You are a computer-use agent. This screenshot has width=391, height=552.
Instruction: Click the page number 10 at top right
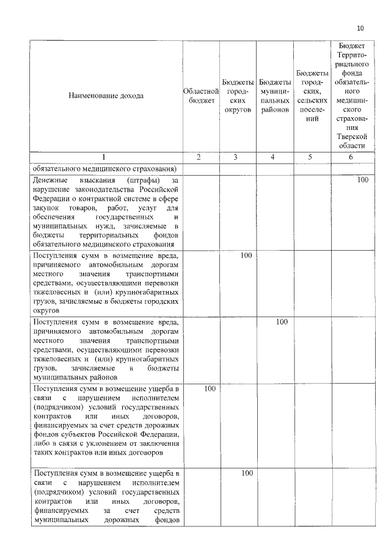pyautogui.click(x=360, y=29)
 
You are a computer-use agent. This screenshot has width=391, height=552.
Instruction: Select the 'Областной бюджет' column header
pyautogui.click(x=201, y=96)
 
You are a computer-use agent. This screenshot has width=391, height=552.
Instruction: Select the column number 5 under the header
pyautogui.click(x=312, y=157)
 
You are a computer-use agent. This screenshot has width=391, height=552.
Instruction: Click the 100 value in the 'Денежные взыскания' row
pyautogui.click(x=363, y=181)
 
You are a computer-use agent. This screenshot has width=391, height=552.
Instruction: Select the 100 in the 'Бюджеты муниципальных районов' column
pyautogui.click(x=281, y=321)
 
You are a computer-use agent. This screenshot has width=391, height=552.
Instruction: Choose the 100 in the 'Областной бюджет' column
pyautogui.click(x=209, y=388)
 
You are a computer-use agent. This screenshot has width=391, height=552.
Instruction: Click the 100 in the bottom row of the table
pyautogui.click(x=247, y=473)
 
